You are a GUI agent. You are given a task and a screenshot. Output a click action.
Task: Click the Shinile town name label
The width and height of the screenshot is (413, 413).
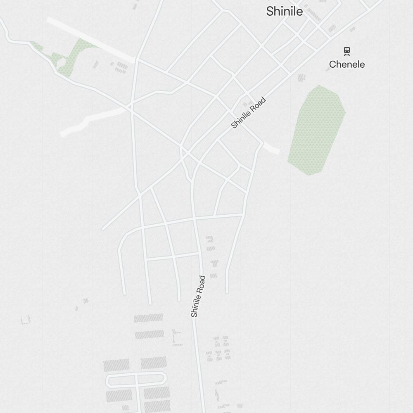[x=284, y=12]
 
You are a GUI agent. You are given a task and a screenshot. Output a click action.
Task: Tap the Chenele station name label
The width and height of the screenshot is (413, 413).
[x=347, y=64]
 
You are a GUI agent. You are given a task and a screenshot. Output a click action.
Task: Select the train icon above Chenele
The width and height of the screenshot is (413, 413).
[x=347, y=51]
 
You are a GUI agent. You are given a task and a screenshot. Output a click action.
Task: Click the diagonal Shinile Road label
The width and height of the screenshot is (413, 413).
[x=248, y=113]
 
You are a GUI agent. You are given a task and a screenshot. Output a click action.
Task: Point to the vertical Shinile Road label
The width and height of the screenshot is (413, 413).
[x=198, y=296]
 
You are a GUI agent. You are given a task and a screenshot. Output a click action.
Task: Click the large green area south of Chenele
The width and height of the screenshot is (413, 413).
[x=317, y=130]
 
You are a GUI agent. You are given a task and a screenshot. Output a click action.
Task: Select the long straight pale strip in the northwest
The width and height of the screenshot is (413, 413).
[x=91, y=40]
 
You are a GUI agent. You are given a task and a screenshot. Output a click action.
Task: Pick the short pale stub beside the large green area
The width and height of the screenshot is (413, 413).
[x=271, y=148]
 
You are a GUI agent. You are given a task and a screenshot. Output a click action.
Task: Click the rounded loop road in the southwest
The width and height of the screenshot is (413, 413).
[x=136, y=380]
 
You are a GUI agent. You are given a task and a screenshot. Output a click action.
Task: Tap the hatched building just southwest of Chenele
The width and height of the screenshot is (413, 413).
[x=301, y=78]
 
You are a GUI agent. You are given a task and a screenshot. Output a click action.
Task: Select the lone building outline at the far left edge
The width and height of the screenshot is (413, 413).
[x=26, y=320]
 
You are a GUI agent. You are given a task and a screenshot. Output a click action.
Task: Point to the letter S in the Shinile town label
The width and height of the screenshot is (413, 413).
[x=270, y=12]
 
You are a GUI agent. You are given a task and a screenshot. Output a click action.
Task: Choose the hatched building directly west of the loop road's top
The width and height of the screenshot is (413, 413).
[x=116, y=366]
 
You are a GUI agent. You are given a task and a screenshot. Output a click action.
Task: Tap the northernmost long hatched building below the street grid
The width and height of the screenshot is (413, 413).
[x=148, y=318]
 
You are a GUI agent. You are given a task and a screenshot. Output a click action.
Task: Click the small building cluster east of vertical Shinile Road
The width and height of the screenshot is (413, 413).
[x=218, y=349]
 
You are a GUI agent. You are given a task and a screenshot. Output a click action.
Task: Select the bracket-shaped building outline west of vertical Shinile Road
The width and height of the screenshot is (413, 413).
[x=177, y=337]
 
